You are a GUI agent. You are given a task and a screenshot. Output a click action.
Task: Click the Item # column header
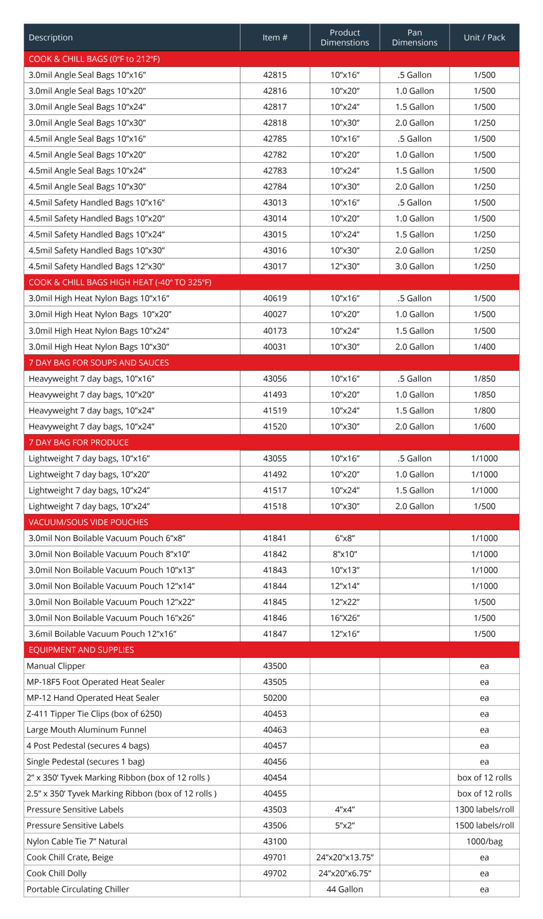[x=275, y=37]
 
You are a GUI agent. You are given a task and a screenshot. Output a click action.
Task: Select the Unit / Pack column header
[x=484, y=37]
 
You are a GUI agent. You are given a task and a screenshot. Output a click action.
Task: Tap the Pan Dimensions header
[x=414, y=37]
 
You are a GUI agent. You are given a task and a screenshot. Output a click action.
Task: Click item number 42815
[x=275, y=75]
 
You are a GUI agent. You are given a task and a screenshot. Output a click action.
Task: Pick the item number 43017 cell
[x=275, y=267]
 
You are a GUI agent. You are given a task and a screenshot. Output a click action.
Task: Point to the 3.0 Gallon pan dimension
[x=414, y=267]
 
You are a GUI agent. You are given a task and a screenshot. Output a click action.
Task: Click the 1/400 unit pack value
[x=484, y=347]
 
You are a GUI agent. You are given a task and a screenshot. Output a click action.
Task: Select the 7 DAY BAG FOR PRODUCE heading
[x=78, y=442]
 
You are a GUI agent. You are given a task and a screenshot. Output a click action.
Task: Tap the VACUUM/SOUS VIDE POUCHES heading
[x=88, y=522]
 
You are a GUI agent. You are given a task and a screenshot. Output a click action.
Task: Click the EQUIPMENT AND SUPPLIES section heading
[x=81, y=650]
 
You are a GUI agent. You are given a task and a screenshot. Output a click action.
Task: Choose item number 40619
[x=275, y=298]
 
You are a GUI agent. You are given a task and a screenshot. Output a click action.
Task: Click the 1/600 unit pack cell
[x=484, y=426]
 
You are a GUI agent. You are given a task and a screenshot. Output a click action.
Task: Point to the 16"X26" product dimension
[x=345, y=618]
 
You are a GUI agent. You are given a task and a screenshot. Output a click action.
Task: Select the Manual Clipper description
[x=56, y=666]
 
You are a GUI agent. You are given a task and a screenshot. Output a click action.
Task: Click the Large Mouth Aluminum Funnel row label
[x=86, y=730]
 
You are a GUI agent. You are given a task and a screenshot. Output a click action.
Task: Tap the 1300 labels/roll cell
[x=484, y=809]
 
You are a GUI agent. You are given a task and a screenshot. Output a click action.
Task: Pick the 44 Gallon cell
[x=345, y=889]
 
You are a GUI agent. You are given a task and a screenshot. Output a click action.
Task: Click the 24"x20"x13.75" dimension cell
[x=345, y=857]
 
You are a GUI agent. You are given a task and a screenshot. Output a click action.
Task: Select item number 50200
[x=275, y=698]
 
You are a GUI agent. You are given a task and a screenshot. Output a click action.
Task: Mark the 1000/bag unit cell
[x=484, y=841]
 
